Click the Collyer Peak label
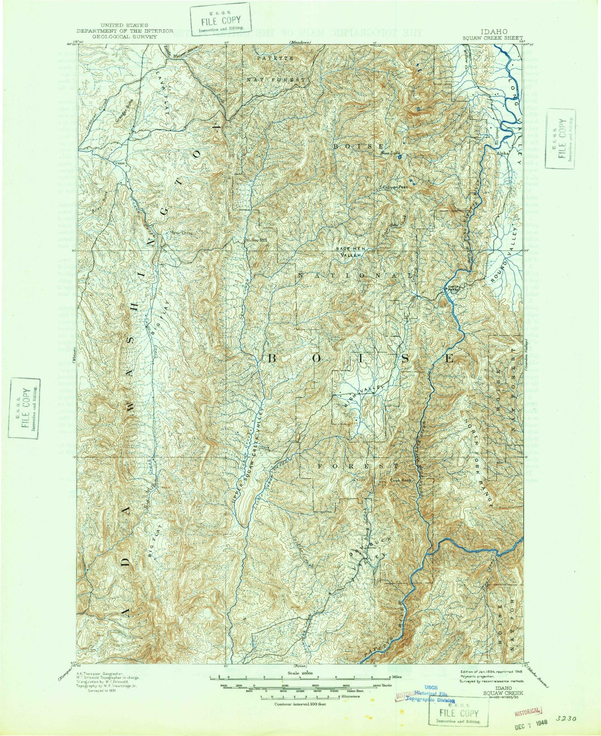point(395,187)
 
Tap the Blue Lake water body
point(400,158)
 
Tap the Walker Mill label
point(256,240)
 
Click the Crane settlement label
point(120,163)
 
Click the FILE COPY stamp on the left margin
point(25,408)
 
